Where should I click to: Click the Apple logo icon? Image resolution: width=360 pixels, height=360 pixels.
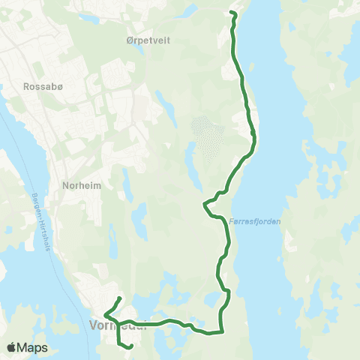click(11, 348)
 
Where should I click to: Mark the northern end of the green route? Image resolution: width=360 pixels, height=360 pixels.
click(232, 13)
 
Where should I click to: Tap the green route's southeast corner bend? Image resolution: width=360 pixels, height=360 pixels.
click(223, 331)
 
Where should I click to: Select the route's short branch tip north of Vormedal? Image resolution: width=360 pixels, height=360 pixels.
click(121, 299)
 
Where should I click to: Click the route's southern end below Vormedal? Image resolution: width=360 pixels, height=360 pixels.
click(130, 346)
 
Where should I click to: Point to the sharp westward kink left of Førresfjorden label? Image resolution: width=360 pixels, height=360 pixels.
click(204, 203)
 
